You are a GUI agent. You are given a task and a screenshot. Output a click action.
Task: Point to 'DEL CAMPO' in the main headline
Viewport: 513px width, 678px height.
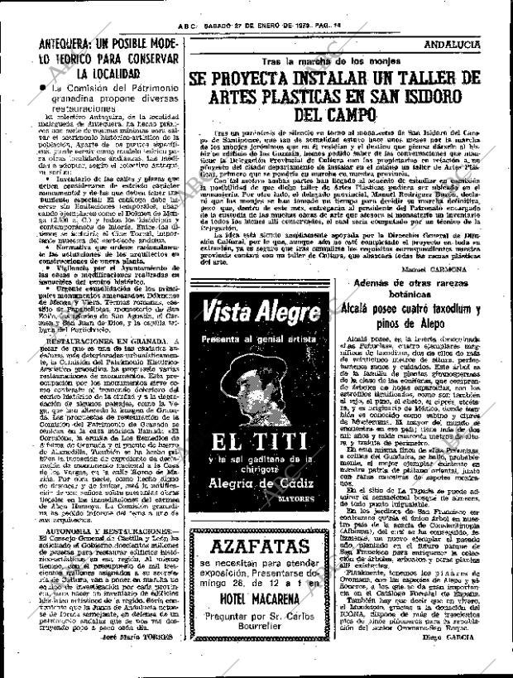click(335, 116)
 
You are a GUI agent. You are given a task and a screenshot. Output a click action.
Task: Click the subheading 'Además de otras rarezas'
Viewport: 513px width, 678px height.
click(425, 284)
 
